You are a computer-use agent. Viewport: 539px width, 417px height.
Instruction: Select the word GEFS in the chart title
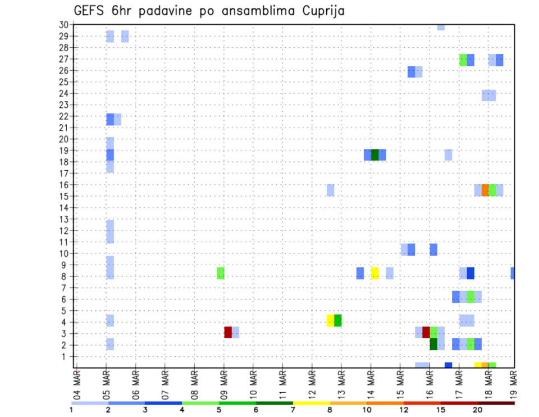point(91,10)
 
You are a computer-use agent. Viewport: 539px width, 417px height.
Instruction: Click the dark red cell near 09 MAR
point(228,332)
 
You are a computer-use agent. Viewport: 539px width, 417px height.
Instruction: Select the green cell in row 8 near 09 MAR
point(221,273)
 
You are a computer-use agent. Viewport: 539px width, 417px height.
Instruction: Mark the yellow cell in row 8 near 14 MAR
point(374,273)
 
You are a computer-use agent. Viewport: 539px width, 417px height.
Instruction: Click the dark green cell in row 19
point(374,155)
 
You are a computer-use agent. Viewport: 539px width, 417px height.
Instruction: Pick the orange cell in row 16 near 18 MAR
point(485,190)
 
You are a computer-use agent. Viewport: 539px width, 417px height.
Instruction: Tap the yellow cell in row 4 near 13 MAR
point(331,320)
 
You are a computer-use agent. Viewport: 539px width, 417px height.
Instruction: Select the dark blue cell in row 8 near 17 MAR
point(471,273)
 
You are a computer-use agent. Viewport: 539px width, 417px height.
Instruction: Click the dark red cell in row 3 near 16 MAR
point(426,332)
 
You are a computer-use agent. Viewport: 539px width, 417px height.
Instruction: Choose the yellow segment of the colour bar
point(311,402)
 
